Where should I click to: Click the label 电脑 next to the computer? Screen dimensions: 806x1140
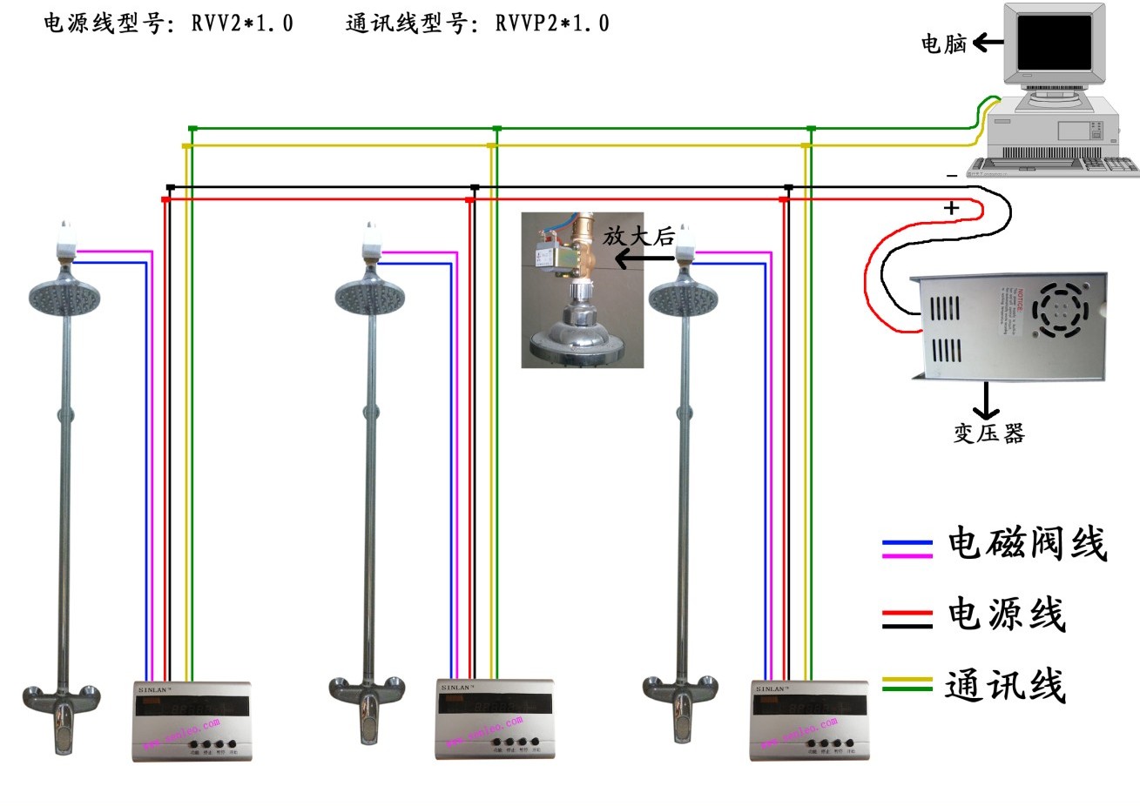tap(944, 43)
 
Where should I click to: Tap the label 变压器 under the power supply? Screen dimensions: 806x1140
tap(988, 433)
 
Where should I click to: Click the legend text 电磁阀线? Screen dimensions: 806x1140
tap(1027, 545)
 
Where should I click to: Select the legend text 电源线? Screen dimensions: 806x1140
tap(1006, 615)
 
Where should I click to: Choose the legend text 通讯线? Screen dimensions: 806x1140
tap(1006, 685)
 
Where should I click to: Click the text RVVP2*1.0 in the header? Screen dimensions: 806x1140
tap(552, 24)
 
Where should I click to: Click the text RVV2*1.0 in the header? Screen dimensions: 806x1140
tap(242, 24)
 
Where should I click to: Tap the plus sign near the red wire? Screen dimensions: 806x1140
tap(952, 209)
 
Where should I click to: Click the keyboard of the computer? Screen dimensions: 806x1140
tap(1056, 164)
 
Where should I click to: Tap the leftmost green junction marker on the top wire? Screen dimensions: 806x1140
tap(192, 129)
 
